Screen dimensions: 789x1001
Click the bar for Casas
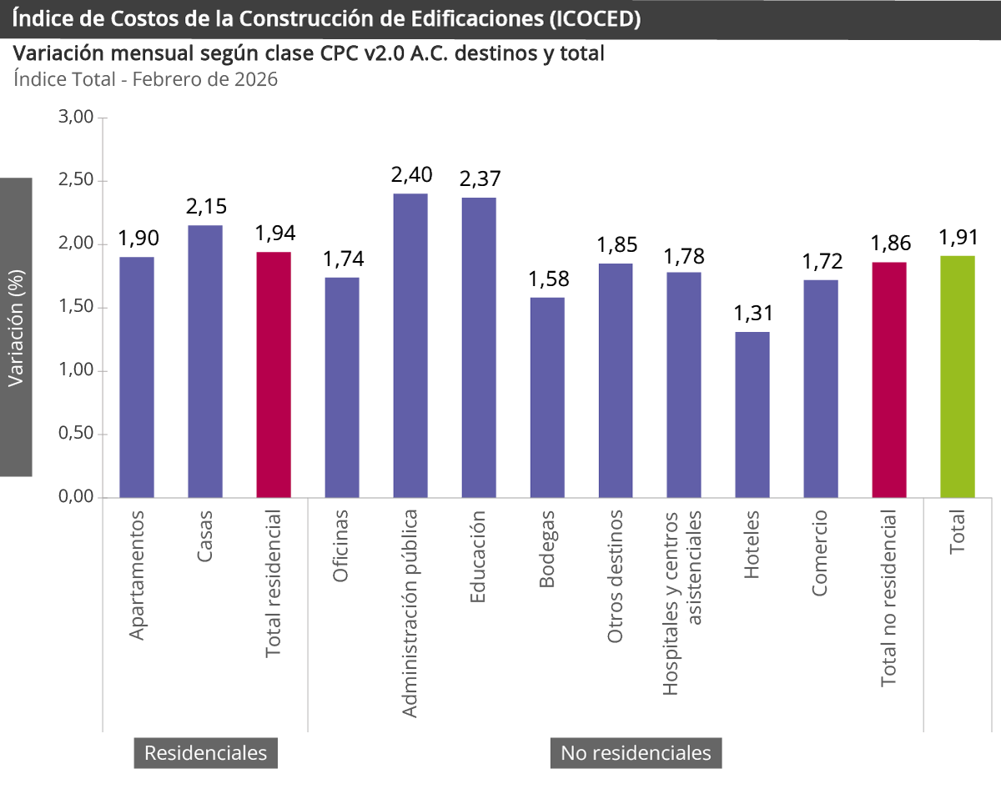pos(205,361)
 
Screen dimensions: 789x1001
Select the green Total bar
pos(957,376)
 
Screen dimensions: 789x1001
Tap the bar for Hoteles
pos(752,415)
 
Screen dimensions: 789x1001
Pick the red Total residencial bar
pos(274,374)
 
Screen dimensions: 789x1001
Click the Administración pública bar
pos(410,345)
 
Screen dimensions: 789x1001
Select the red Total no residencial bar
pos(889,379)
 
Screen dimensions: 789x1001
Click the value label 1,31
pos(752,314)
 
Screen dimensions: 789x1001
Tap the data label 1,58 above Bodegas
pos(547,279)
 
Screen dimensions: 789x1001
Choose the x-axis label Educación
pos(478,556)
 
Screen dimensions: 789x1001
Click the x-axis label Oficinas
pos(341,550)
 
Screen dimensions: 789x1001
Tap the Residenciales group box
pos(205,753)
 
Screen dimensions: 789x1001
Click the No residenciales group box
pos(636,753)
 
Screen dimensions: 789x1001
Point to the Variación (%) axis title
pos(16,327)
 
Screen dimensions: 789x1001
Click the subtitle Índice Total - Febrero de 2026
pos(145,80)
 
